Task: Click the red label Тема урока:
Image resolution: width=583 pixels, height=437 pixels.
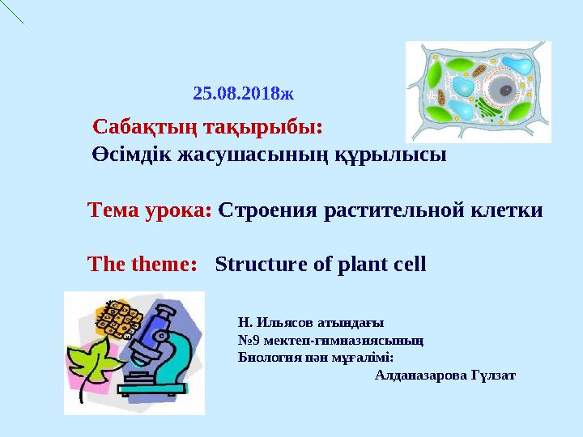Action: tap(149, 210)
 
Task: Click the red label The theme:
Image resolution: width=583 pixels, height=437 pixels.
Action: tap(143, 265)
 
